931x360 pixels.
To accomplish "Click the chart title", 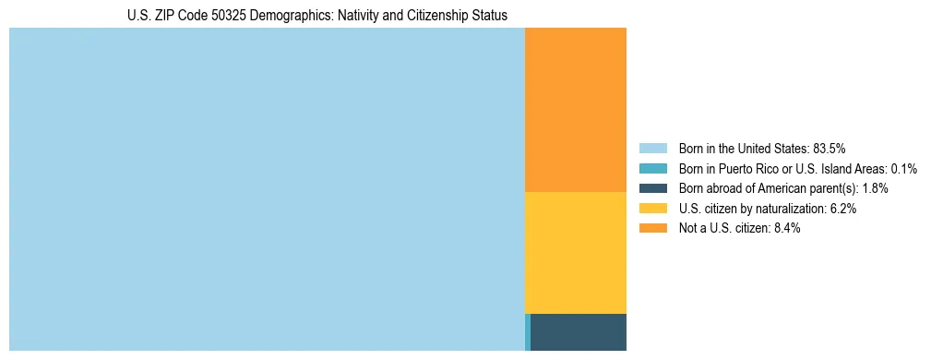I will point(316,16).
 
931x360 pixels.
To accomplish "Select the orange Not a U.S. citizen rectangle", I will point(575,109).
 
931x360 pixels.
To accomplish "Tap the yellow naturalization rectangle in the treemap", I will point(575,252).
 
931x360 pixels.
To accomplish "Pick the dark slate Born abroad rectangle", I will point(579,331).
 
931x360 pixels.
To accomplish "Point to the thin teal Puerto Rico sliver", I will point(527,332).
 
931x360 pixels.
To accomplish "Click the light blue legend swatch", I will point(652,148).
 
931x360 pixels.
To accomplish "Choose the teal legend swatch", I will point(652,168).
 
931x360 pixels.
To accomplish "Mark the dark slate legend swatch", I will point(652,188).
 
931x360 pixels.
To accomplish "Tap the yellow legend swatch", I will point(652,209).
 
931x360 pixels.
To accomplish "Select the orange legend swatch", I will point(652,228).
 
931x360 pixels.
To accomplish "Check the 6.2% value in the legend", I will point(841,209).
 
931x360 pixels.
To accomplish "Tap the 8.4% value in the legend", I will point(784,228).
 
